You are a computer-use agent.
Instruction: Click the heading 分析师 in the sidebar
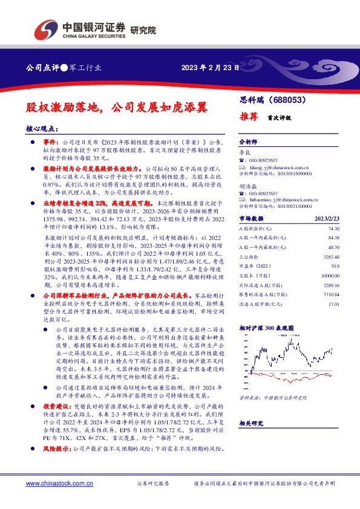tap(248, 140)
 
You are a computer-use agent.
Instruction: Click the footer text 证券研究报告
tap(155, 484)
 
